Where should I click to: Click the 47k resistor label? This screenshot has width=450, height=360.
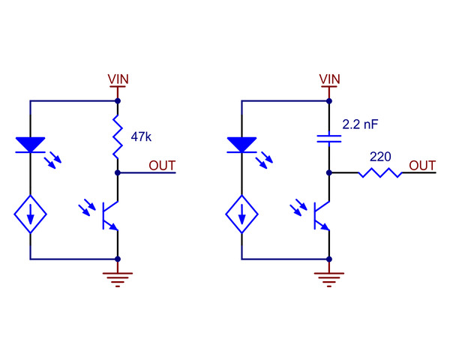pos(141,137)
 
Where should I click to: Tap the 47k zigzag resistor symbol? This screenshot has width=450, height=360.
pos(118,136)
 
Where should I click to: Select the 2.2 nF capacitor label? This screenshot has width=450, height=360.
pos(360,124)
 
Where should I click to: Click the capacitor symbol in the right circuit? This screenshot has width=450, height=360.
pos(329,139)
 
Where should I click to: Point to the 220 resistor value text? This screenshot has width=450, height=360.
pos(380,157)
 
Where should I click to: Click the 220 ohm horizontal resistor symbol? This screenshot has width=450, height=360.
pos(380,172)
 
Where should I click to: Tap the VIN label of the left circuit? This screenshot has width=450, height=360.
pos(118,79)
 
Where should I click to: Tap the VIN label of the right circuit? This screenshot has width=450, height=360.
pos(329,79)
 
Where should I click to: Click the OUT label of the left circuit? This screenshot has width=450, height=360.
pos(162,166)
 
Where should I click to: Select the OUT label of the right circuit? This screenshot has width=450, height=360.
pos(422,166)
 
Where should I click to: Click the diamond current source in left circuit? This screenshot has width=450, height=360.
pos(30,214)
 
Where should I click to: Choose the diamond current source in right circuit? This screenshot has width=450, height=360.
pos(241,214)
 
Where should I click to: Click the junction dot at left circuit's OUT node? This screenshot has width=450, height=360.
pos(118,172)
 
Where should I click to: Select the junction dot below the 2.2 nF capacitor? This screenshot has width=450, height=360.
pos(329,172)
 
